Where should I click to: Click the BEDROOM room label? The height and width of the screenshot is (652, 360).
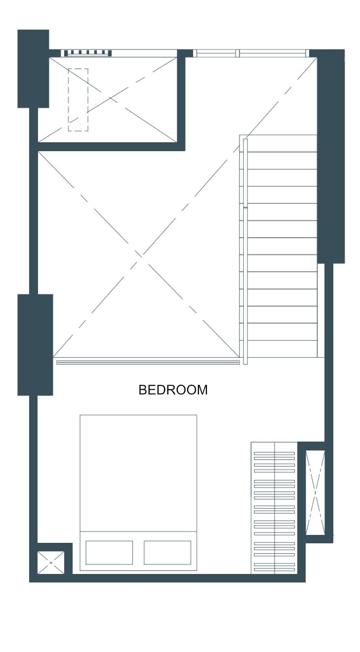[x=173, y=390]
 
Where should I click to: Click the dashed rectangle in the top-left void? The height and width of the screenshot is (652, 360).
[x=78, y=100]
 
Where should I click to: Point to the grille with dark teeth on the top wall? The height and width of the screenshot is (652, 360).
[x=88, y=53]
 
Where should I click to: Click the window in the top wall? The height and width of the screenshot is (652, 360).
[x=251, y=53]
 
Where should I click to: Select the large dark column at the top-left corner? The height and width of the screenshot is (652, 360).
[x=33, y=69]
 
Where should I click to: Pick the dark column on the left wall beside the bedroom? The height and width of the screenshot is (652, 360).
[x=35, y=345]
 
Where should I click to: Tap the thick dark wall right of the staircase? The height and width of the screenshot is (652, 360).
[x=331, y=156]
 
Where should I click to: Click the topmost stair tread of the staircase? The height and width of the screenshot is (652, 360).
[x=282, y=143]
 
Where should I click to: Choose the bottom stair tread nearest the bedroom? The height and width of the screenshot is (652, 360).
[x=282, y=349]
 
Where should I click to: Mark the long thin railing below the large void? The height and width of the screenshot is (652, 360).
[x=148, y=363]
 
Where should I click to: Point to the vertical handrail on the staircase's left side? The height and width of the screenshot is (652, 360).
[x=245, y=251]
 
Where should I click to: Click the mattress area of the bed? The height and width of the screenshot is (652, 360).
[x=138, y=473]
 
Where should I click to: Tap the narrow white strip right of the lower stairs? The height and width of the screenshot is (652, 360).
[x=320, y=310]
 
